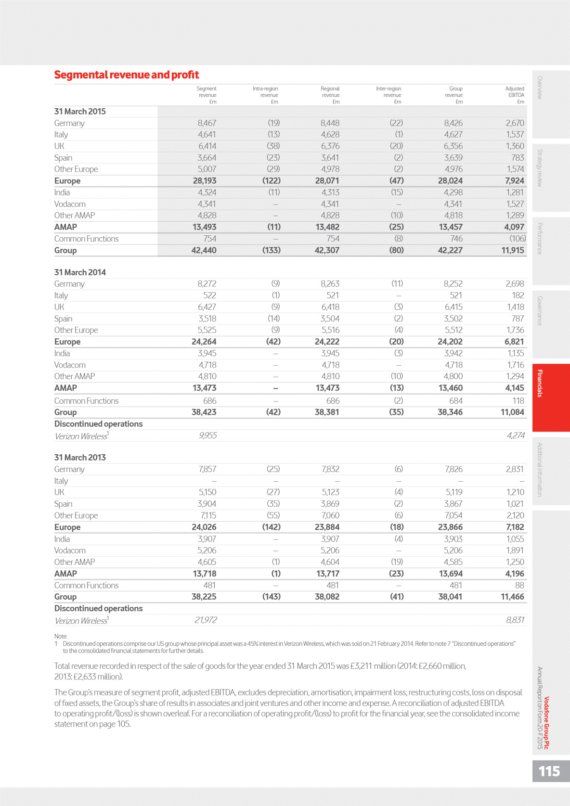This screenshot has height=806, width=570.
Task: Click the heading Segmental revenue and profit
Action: tap(127, 75)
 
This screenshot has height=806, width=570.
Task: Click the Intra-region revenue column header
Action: tap(265, 95)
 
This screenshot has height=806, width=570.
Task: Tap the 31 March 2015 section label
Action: tap(80, 112)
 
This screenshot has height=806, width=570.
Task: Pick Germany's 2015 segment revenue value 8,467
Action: tap(207, 123)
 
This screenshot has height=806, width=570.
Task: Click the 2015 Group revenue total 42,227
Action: tap(450, 250)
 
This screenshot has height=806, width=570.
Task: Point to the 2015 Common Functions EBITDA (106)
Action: tap(518, 239)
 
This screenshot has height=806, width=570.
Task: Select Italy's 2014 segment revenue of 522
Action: tap(209, 295)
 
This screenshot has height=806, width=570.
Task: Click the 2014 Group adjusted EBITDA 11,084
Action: tap(512, 412)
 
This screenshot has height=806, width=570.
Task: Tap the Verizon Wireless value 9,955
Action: tap(208, 435)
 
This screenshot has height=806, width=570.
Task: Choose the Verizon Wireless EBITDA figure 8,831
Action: tap(515, 620)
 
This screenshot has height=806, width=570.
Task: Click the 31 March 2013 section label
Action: tap(80, 458)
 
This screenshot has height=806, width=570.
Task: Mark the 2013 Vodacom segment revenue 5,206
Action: tap(207, 550)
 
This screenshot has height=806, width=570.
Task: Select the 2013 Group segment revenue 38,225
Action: tap(204, 597)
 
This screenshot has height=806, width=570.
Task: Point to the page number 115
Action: tap(549, 771)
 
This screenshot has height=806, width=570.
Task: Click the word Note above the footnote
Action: tap(61, 636)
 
